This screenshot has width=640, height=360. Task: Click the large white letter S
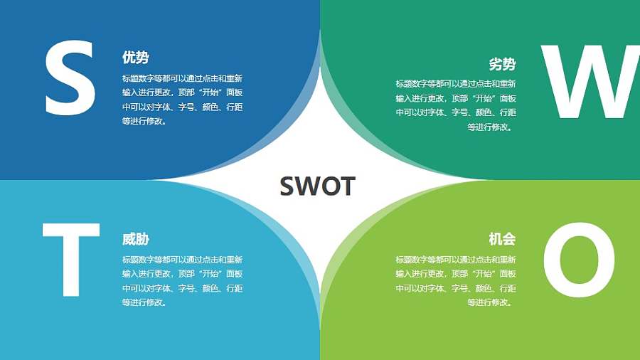(70, 78)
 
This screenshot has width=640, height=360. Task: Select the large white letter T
(70, 260)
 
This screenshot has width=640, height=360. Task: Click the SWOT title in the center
(317, 186)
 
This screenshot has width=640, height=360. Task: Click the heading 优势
(135, 58)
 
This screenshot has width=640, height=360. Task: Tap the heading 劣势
(502, 64)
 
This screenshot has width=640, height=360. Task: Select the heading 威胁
(135, 239)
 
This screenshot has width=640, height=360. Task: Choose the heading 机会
(502, 239)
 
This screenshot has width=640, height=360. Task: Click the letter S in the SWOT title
(287, 186)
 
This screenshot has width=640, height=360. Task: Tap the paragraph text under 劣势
(456, 105)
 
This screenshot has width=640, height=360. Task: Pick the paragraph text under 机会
(456, 281)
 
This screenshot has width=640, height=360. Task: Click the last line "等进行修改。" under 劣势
(491, 127)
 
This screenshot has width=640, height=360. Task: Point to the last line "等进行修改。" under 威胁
(145, 302)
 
